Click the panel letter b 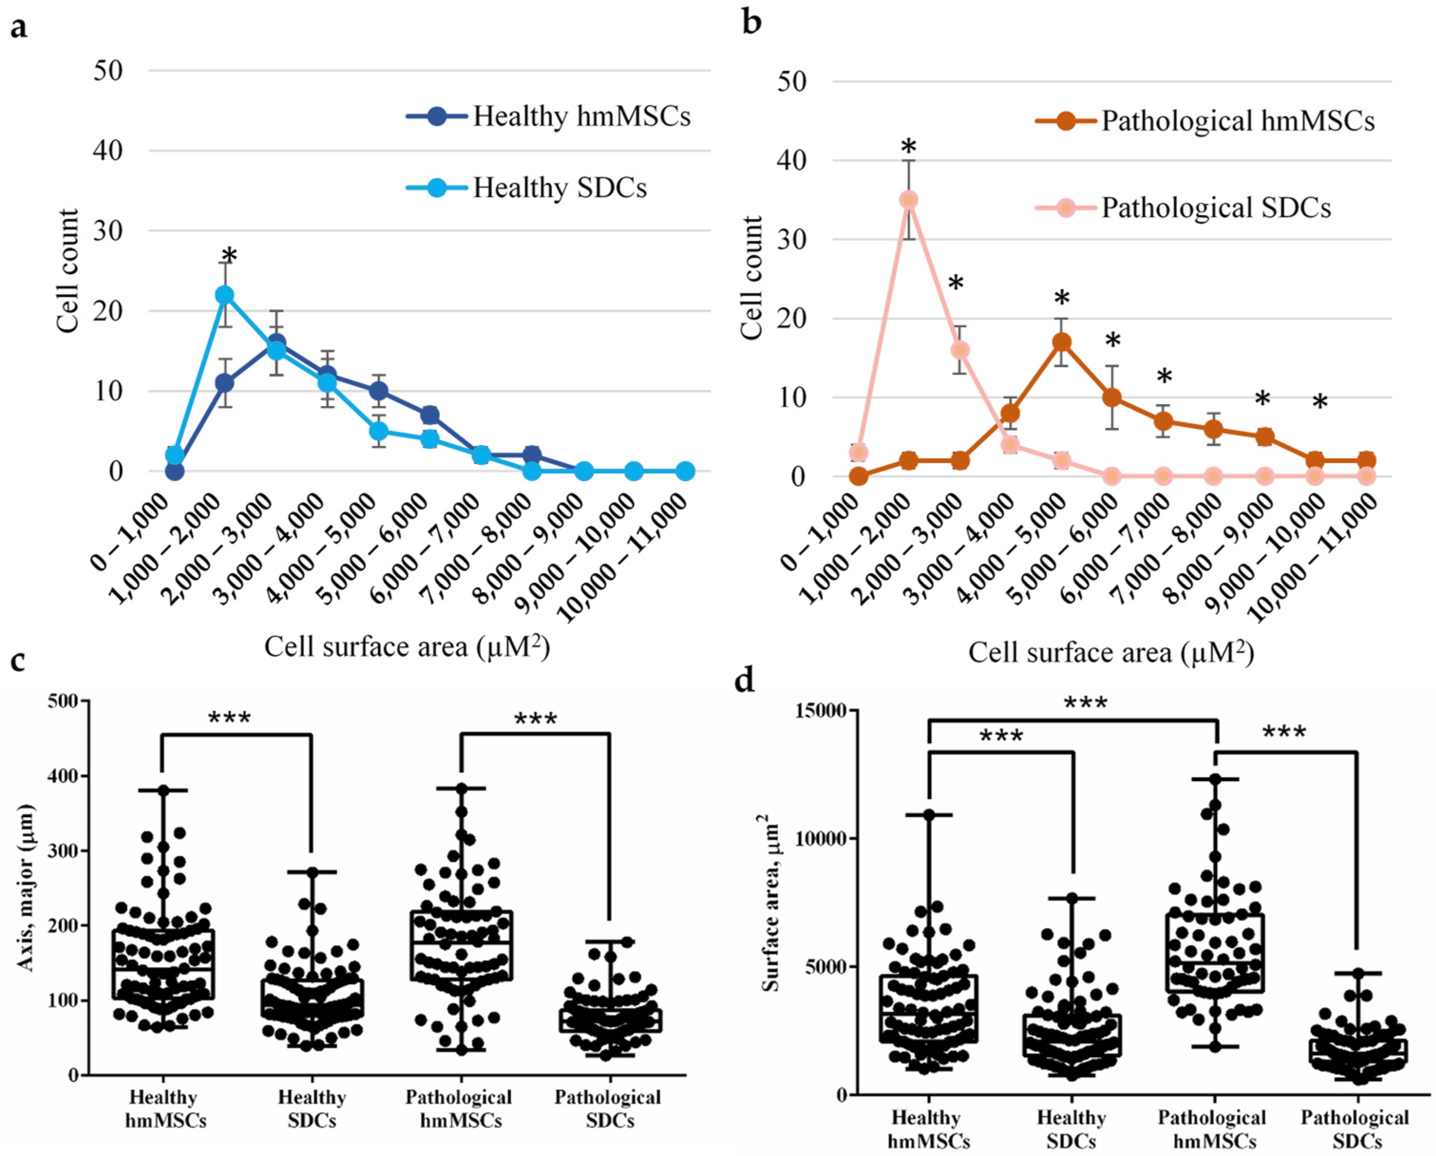click(751, 23)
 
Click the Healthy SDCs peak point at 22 click(225, 295)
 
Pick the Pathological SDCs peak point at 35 click(908, 200)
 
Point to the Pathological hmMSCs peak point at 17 click(1062, 342)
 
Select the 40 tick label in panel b click(792, 160)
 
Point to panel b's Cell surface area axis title click(1111, 653)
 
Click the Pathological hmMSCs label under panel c click(459, 1108)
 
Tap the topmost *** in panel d click(1086, 703)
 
